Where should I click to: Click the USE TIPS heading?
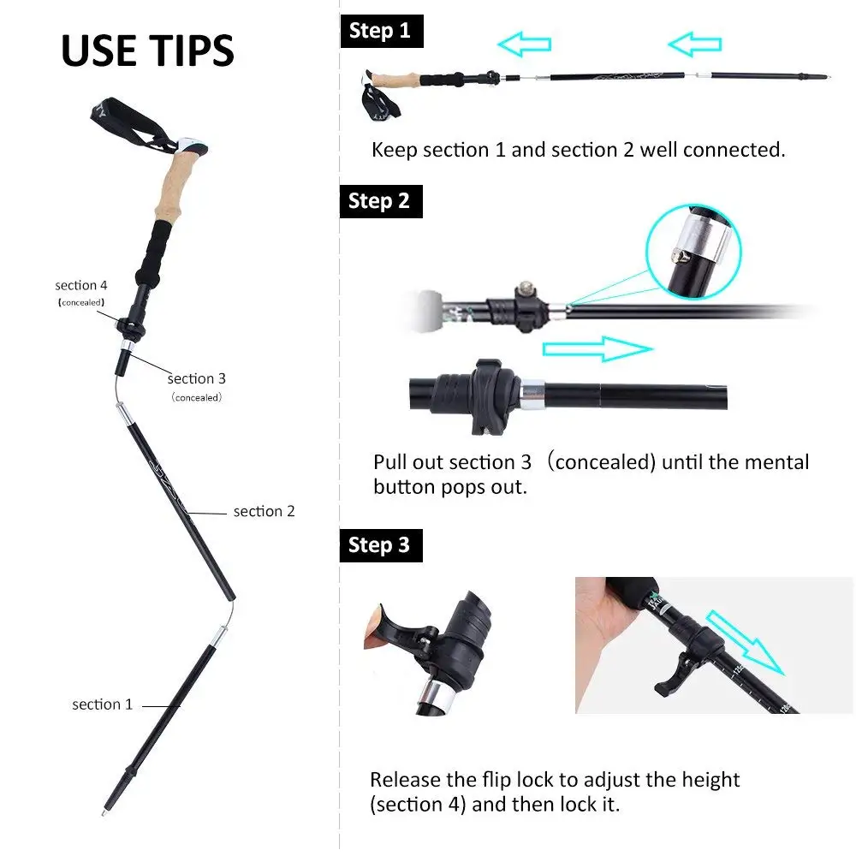coord(147,51)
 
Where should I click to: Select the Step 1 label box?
coord(379,31)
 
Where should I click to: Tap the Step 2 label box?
coord(379,201)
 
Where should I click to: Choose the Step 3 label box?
coord(379,545)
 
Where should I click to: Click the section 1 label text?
coord(102,704)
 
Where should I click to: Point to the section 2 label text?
coord(264,511)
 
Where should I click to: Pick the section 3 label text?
coord(197,378)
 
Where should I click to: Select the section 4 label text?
coord(81,285)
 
